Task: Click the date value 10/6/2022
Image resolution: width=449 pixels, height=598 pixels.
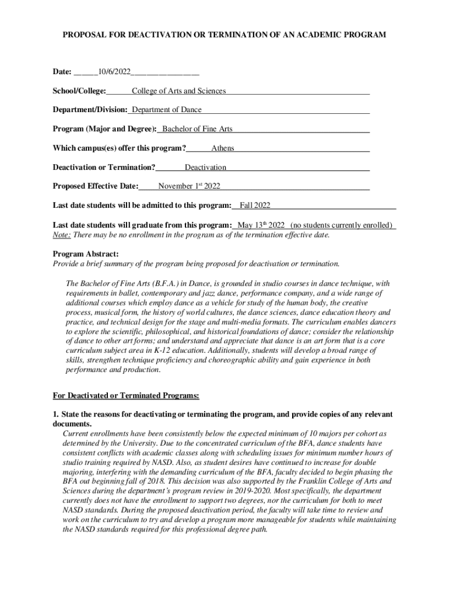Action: (114, 72)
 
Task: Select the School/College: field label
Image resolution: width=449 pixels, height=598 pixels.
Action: (79, 91)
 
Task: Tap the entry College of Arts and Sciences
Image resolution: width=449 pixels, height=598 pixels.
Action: (178, 91)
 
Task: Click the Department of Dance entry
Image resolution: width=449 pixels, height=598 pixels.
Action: (167, 110)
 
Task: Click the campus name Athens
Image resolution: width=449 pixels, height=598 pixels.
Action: (223, 148)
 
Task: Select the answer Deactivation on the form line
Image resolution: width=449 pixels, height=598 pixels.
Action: (205, 168)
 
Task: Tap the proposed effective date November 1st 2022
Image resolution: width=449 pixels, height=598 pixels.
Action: (189, 186)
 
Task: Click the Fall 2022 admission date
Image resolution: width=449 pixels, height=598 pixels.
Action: (255, 206)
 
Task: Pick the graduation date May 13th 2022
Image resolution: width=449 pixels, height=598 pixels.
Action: (261, 225)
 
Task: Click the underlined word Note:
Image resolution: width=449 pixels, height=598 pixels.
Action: (62, 235)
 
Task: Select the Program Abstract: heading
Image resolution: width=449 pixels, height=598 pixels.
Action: (86, 254)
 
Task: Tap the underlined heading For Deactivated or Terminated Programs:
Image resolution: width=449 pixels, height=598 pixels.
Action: (126, 396)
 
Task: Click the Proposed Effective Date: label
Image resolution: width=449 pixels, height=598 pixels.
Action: (96, 186)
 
